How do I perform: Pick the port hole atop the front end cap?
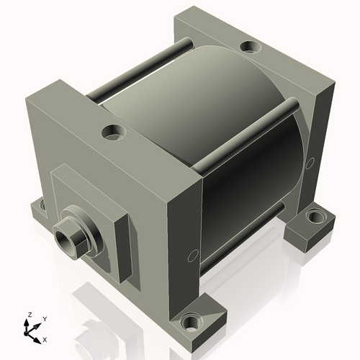112,132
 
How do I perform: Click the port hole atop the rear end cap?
249,48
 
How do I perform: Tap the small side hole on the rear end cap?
311,163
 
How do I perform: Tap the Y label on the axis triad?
44,319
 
